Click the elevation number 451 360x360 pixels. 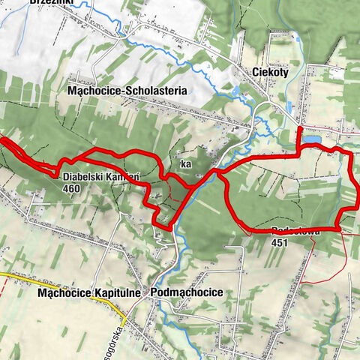280,242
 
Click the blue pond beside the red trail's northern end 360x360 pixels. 312,139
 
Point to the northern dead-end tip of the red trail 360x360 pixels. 299,129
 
